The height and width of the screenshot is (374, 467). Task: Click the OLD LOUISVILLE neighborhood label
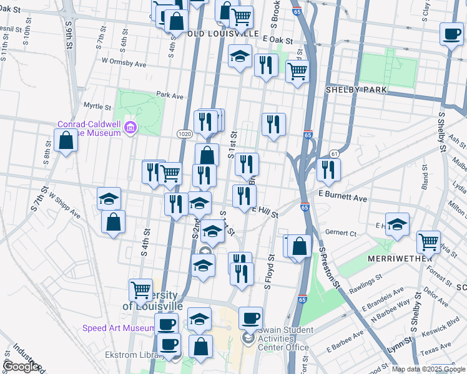[222, 33]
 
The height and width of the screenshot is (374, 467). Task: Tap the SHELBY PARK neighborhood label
[356, 90]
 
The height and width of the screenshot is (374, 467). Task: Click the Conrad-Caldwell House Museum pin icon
[130, 127]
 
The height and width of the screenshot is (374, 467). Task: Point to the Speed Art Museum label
[119, 328]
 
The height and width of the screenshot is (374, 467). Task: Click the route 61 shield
[335, 153]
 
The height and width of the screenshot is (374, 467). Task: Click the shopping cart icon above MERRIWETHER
[428, 241]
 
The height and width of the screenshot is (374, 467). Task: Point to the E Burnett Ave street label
[343, 198]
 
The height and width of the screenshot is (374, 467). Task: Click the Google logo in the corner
[20, 367]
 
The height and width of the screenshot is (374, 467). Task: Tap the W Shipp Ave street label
[64, 204]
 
